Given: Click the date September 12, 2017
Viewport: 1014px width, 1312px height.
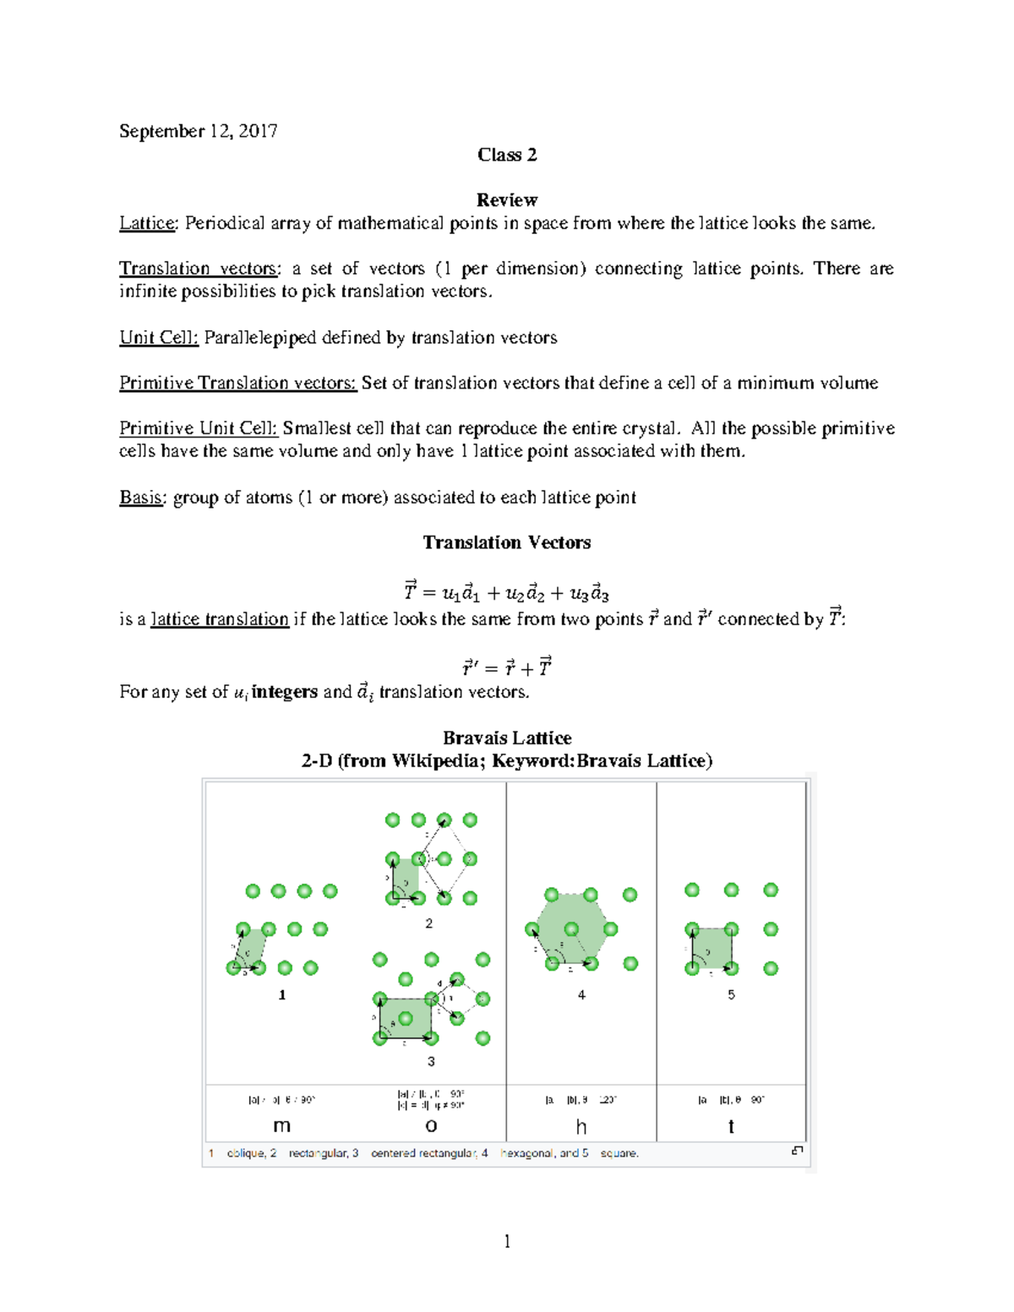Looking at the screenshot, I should coord(198,131).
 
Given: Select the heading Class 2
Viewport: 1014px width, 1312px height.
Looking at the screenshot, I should coord(506,155).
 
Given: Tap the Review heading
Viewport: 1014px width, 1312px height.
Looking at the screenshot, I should coord(506,200).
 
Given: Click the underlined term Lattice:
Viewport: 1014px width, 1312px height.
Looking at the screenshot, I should coord(148,223).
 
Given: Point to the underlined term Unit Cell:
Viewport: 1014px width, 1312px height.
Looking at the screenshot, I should coord(159,338).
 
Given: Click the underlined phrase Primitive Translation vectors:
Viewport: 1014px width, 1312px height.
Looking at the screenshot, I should coord(238,384).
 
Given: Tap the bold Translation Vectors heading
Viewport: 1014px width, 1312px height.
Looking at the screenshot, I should coord(506,542).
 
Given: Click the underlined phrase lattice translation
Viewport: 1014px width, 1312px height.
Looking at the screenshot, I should coord(220,619).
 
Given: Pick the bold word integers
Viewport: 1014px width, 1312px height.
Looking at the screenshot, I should coord(285,692).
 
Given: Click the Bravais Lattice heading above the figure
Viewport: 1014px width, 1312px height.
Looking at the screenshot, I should coord(507,738).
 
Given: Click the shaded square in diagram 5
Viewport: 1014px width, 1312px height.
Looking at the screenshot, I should coord(711,949).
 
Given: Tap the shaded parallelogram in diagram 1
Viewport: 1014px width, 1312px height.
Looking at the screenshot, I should coord(250,949).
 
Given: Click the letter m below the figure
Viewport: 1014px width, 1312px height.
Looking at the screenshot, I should coord(282,1126).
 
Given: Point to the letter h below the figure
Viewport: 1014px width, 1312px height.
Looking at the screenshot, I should coord(581,1126).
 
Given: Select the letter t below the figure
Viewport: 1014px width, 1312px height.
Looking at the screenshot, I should coord(731,1126).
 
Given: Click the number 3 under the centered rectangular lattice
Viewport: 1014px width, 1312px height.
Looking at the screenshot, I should coord(431,1061).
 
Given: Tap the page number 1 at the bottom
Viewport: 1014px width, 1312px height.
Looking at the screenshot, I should coord(507,1241).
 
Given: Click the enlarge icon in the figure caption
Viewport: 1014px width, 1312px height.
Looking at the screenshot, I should coord(797,1151).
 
